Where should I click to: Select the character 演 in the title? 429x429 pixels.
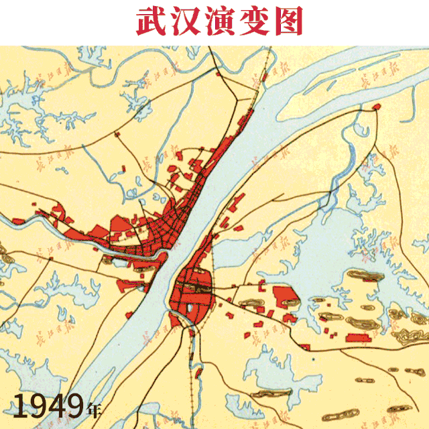pyautogui.click(x=217, y=21)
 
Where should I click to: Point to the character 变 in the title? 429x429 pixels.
pyautogui.click(x=251, y=21)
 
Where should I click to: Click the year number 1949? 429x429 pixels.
pyautogui.click(x=49, y=406)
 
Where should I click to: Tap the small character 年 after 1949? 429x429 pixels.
pyautogui.click(x=95, y=408)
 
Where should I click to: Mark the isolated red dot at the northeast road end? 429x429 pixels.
pyautogui.click(x=377, y=107)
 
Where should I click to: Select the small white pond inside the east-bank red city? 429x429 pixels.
pyautogui.click(x=192, y=310)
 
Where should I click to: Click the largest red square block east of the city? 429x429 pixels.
pyautogui.click(x=284, y=295)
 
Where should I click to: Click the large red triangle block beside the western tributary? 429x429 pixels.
pyautogui.click(x=121, y=225)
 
